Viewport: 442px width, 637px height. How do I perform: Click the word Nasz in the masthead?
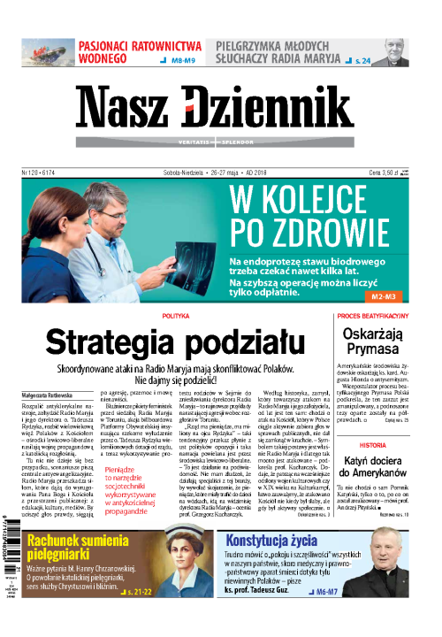(x=130, y=110)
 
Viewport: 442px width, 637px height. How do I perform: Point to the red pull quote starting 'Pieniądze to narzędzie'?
(x=133, y=490)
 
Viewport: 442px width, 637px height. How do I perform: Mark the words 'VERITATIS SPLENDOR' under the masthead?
(x=220, y=141)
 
